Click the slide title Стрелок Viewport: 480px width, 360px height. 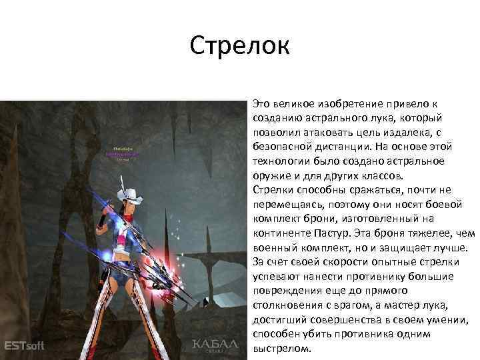239,46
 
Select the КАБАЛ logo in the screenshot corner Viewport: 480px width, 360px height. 215,345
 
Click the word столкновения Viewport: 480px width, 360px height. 285,303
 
